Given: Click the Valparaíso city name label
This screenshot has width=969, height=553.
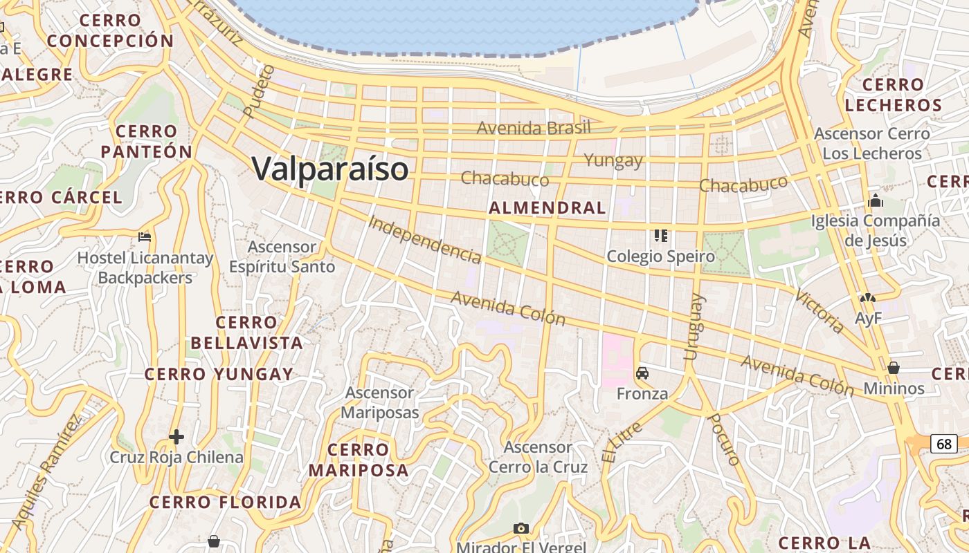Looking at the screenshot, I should tap(329, 169).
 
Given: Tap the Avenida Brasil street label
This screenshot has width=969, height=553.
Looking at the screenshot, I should tap(534, 128).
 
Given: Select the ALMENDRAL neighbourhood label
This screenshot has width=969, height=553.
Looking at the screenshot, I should tap(547, 207).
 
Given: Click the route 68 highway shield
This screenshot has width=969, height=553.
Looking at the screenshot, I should tap(943, 443).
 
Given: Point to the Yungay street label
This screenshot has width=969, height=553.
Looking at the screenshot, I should tap(613, 160).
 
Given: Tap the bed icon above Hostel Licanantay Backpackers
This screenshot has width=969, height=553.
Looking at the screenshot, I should tap(145, 237).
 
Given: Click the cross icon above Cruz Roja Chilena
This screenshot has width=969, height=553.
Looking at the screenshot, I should tap(176, 437).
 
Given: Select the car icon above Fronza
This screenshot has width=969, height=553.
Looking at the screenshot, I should tap(642, 373).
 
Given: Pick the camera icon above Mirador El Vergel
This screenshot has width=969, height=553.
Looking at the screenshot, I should tap(521, 528).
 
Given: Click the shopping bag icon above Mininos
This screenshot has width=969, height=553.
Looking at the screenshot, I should tap(894, 368).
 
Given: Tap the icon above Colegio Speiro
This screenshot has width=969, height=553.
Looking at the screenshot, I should tap(660, 236).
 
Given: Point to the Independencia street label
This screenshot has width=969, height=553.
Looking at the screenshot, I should tap(424, 240).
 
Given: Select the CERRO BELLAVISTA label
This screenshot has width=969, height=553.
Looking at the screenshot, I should tap(246, 332).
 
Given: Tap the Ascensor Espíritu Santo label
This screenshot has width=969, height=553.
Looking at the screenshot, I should tap(282, 256).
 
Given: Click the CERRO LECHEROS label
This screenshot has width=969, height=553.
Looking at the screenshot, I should tap(893, 95).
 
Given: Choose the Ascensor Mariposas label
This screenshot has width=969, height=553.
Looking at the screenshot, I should tap(382, 402).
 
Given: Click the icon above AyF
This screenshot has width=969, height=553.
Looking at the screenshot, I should tap(867, 298).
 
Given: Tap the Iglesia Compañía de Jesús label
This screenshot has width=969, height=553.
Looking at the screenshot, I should tap(876, 230).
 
